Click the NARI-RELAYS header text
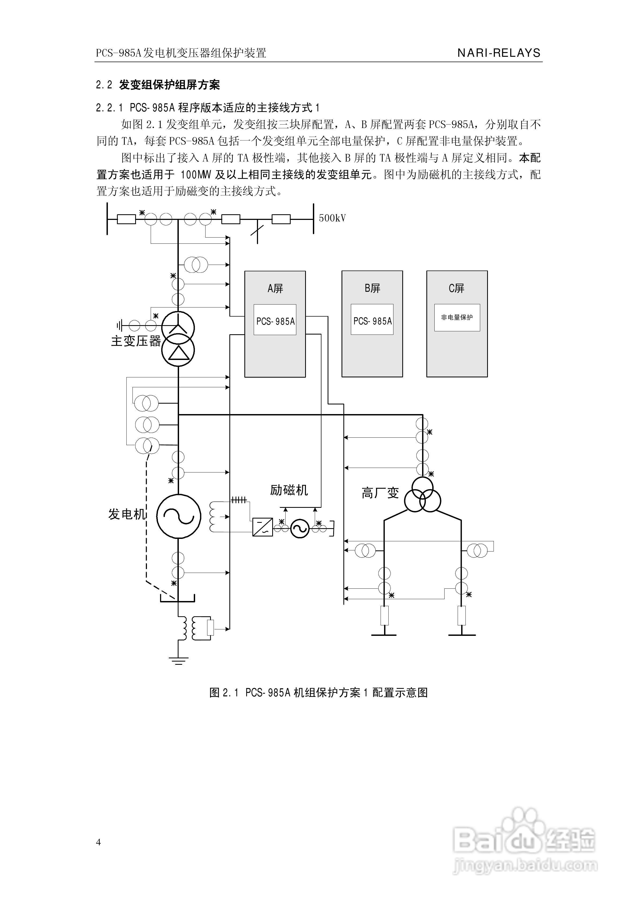499,53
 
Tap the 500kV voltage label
332,218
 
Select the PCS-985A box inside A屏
275,320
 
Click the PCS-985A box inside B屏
372,320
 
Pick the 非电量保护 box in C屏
457,317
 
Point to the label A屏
275,288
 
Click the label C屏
456,288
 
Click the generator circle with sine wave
179,516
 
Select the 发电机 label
127,514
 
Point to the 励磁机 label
289,490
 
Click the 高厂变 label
380,493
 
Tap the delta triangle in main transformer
179,353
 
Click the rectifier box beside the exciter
262,527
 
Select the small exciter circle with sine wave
300,529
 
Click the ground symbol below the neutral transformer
179,660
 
